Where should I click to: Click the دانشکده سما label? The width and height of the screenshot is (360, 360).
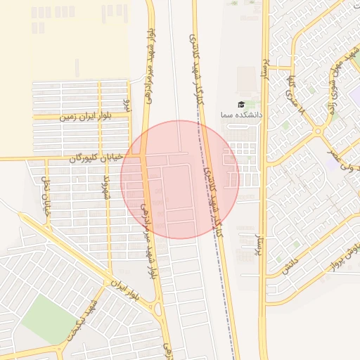click(241, 114)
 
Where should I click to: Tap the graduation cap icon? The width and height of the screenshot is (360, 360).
click(241, 104)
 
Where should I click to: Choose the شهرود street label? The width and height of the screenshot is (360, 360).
click(107, 188)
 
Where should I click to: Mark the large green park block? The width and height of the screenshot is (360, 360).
click(48, 321)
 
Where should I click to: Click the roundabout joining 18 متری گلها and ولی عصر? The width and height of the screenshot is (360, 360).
click(318, 131)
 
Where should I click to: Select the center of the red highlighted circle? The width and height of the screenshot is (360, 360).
click(180, 179)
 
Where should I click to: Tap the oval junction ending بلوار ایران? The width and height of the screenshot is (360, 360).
click(157, 308)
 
